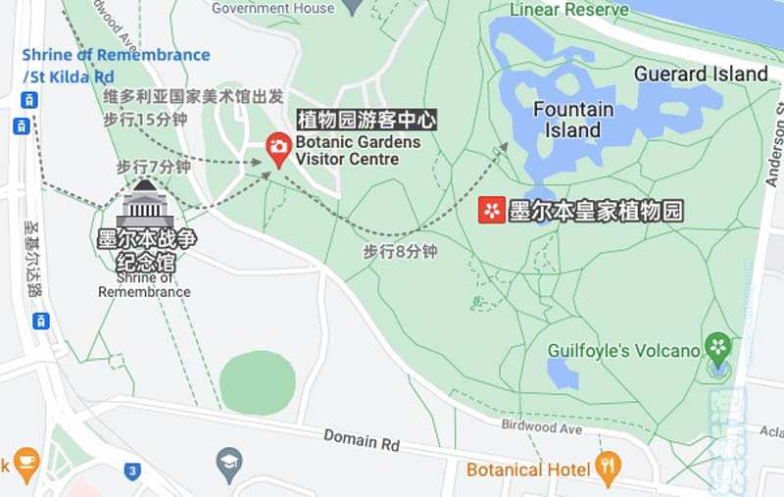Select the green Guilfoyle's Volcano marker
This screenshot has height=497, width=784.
[718, 347]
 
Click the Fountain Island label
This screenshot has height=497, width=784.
[573, 120]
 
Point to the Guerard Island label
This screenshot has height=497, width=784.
[701, 74]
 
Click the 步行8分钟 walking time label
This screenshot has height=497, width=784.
[400, 252]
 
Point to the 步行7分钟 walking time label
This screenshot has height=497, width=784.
[153, 167]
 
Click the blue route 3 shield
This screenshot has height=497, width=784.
[132, 471]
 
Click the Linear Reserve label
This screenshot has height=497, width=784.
[569, 10]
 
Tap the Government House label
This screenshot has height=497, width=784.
[272, 8]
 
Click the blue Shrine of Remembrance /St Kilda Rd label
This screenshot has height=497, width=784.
[116, 65]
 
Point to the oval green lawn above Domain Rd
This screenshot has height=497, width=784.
[257, 381]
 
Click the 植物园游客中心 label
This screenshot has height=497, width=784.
[367, 121]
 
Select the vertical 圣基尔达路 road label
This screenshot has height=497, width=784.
[31, 256]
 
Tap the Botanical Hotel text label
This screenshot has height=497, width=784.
[528, 470]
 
